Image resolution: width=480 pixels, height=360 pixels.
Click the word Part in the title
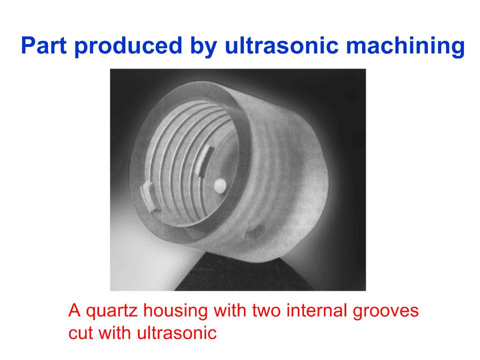44,45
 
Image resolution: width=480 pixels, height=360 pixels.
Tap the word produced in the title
128,46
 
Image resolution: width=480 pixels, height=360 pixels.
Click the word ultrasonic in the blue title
281,45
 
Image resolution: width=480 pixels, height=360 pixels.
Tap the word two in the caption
266,310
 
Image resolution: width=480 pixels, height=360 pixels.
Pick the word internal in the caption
317,310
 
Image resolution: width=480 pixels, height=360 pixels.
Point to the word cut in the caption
80,333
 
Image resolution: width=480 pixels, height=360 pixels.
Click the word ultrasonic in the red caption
176,332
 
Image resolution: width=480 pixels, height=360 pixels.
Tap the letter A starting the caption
74,310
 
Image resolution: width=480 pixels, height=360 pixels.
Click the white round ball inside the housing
220,185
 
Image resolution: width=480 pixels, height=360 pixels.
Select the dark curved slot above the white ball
205,161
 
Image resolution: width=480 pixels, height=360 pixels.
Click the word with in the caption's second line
114,332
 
